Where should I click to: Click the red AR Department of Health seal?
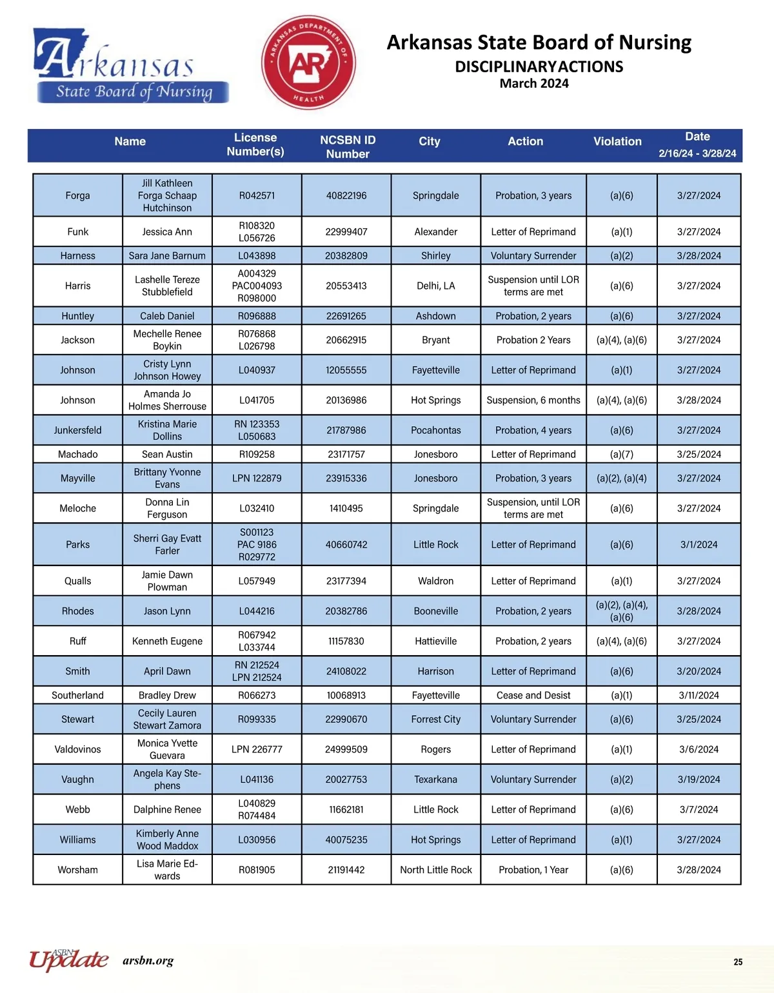308,63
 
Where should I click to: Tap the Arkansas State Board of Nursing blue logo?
132,66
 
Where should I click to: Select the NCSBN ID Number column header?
348,147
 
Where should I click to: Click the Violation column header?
617,141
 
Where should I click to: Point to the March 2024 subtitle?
534,83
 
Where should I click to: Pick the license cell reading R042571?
257,195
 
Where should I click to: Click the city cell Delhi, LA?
435,286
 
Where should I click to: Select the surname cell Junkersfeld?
77,430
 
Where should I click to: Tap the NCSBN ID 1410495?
346,508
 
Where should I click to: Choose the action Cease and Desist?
533,695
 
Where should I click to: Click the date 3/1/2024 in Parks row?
699,544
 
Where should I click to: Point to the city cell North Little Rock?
435,870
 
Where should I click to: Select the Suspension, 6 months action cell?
533,400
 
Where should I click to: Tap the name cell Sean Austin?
167,454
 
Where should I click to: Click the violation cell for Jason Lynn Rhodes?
622,611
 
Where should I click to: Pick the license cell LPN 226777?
257,749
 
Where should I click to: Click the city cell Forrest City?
435,719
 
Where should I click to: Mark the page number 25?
738,962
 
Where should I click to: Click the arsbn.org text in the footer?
148,961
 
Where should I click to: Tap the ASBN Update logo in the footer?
68,960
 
